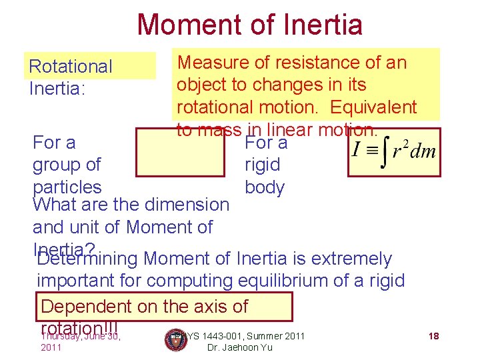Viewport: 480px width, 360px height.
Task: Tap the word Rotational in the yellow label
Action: (x=71, y=67)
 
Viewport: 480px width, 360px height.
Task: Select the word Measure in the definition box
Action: (x=213, y=63)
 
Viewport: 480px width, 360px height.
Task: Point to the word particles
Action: (x=67, y=187)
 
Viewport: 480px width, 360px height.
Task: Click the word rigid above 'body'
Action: (x=263, y=165)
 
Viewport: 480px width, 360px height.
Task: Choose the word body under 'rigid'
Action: (x=265, y=187)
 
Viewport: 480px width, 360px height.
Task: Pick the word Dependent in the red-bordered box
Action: (x=85, y=307)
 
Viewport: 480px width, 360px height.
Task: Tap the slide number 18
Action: (x=433, y=336)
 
